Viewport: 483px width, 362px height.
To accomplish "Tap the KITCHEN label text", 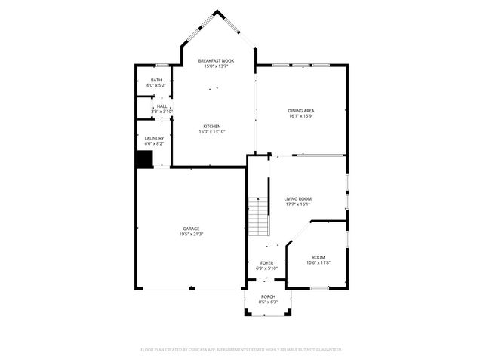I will [x=211, y=126].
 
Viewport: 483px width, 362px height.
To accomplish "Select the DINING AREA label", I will [x=301, y=111].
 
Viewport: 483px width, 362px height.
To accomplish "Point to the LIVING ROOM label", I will [x=298, y=198].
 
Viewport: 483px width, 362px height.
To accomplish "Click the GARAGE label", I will [x=191, y=229].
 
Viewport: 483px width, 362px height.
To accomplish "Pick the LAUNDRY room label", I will [x=154, y=138].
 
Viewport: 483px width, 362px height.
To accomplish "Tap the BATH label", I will [x=156, y=80].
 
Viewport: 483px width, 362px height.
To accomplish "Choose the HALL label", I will [x=162, y=106].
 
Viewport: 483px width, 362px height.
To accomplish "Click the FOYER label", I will [x=267, y=262].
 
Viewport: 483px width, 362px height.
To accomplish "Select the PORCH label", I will [x=269, y=296].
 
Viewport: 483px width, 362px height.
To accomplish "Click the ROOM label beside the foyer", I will [x=318, y=257].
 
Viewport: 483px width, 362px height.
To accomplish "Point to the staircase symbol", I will [x=259, y=215].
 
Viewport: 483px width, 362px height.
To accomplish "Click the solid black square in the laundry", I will [x=144, y=159].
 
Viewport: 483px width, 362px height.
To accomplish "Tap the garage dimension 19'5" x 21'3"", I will [x=191, y=234].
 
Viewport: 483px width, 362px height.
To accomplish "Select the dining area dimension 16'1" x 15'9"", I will [x=301, y=116].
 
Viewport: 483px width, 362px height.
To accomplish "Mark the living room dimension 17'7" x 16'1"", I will [x=298, y=204].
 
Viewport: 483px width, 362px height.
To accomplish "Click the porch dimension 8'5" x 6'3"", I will [x=269, y=302].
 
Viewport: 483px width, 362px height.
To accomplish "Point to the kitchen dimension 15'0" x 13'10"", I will [x=211, y=131].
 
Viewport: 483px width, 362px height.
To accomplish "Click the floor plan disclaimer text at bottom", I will [x=241, y=350].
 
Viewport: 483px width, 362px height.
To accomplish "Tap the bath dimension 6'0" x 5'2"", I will [x=156, y=85].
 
